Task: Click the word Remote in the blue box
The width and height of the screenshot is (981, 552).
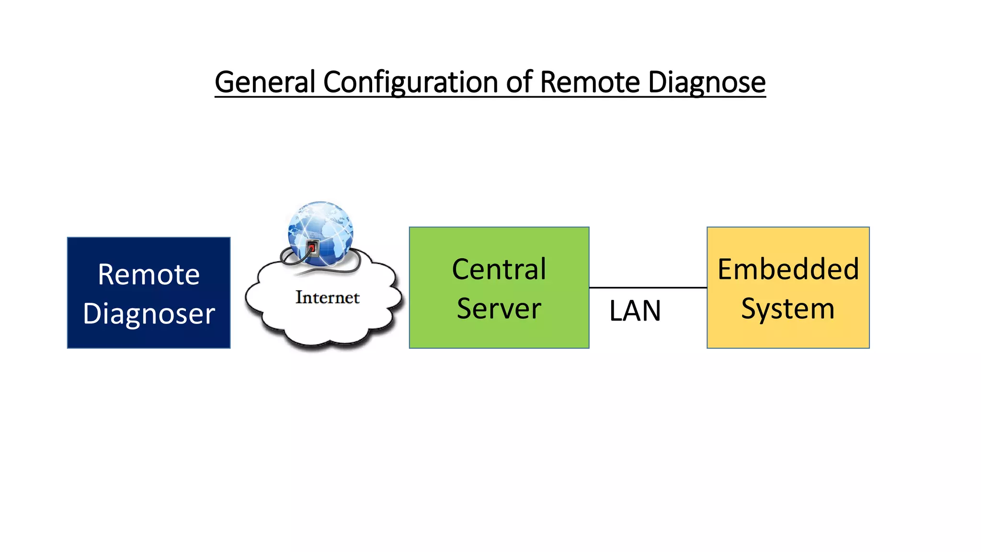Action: click(x=148, y=275)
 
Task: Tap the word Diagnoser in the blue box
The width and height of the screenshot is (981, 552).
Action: click(x=148, y=314)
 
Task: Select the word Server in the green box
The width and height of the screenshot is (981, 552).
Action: click(x=499, y=309)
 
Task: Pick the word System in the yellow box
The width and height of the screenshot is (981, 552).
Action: click(x=788, y=309)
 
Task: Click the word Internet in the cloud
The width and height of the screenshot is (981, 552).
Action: click(x=327, y=298)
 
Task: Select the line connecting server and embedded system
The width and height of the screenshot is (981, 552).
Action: click(x=648, y=287)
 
